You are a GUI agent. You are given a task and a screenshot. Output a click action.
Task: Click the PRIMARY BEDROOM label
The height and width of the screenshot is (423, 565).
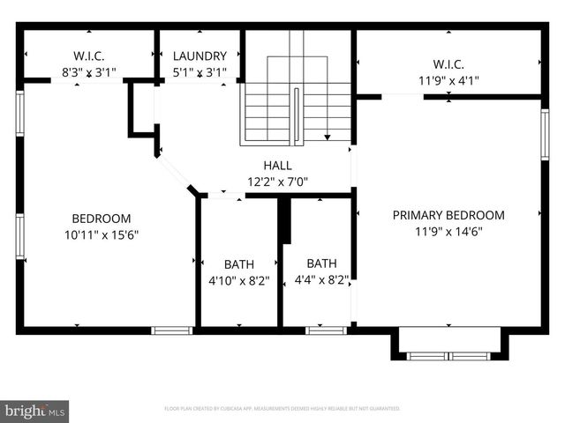448,215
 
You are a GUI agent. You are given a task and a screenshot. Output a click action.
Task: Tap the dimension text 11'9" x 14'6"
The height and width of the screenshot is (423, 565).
448,232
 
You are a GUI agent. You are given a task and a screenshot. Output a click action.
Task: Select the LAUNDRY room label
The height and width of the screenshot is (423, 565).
200,56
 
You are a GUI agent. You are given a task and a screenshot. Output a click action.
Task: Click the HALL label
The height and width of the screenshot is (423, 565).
277,166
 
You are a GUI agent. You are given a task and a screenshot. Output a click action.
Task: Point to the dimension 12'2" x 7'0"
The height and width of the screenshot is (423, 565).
277,182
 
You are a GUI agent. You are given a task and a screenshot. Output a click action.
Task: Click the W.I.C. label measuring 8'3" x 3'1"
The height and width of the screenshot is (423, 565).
88,56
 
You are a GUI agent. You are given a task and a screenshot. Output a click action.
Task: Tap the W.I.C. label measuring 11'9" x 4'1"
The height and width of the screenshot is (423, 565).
448,63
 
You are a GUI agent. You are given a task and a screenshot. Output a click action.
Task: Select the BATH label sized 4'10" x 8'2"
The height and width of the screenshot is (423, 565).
238,263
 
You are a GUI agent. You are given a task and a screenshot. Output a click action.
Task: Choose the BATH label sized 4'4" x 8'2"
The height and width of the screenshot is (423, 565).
321,263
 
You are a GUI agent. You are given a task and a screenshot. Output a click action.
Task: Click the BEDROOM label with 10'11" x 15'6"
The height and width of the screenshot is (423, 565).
102,219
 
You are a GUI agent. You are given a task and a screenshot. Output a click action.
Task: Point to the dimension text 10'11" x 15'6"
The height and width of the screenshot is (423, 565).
102,235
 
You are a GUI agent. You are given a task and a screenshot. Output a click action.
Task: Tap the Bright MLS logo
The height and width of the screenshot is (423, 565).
35,411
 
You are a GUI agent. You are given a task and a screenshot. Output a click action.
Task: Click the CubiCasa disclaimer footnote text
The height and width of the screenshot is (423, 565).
282,409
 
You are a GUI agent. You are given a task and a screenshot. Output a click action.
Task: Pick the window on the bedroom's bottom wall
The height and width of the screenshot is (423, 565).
171,330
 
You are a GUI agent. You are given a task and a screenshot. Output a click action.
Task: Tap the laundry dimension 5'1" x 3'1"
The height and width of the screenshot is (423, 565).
200,73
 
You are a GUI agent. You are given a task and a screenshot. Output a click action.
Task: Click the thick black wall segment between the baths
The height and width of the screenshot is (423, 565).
284,220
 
